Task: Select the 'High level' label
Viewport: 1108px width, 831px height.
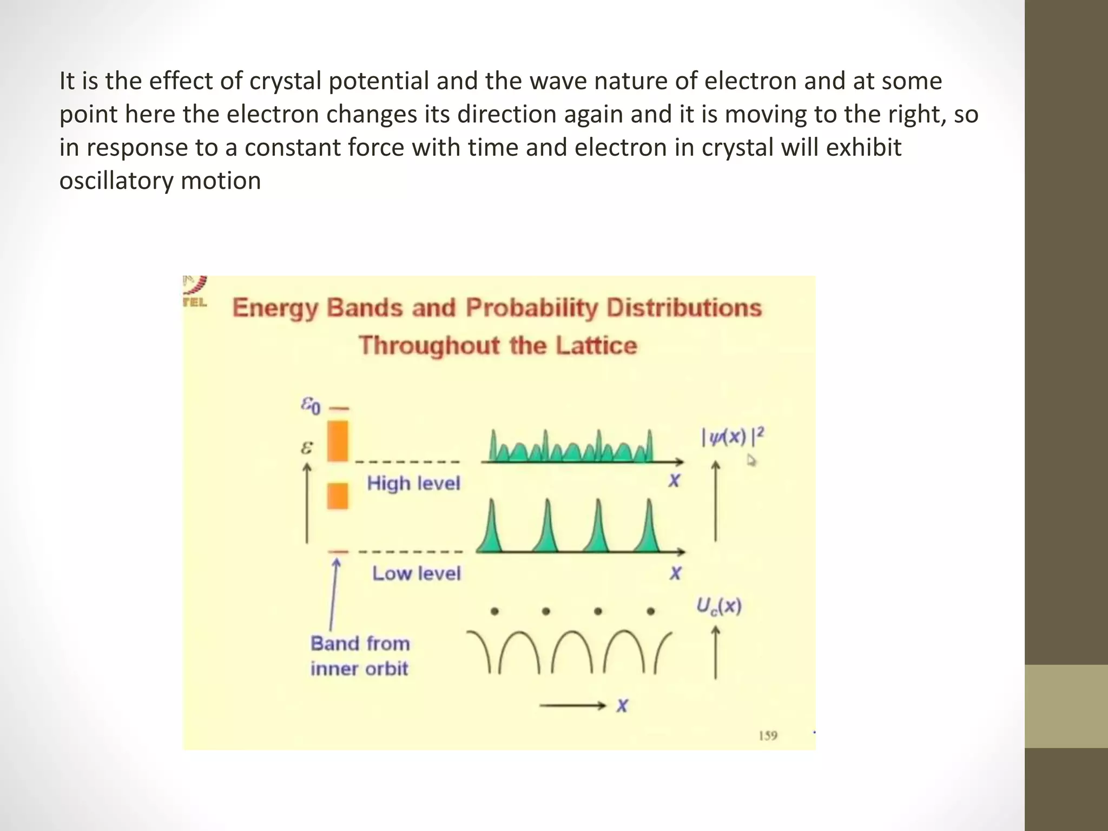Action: click(x=413, y=483)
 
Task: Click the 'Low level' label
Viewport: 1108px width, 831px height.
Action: click(x=416, y=573)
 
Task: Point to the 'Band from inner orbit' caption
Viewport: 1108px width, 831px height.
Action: click(x=360, y=656)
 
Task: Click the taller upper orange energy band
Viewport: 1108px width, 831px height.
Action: click(x=338, y=441)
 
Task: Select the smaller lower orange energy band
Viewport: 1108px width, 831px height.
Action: click(x=338, y=496)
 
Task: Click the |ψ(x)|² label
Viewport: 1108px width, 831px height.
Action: click(x=733, y=436)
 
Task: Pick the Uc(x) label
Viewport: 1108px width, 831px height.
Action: click(x=718, y=606)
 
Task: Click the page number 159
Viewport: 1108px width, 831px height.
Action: click(x=768, y=735)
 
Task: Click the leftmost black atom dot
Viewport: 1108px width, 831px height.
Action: click(x=494, y=612)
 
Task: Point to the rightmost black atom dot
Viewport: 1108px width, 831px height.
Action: click(x=651, y=612)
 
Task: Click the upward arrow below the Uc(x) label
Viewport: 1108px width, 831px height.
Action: click(x=715, y=652)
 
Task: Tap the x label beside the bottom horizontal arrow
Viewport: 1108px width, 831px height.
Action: click(x=622, y=705)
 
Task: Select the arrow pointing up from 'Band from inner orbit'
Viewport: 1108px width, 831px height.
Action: click(x=334, y=595)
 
